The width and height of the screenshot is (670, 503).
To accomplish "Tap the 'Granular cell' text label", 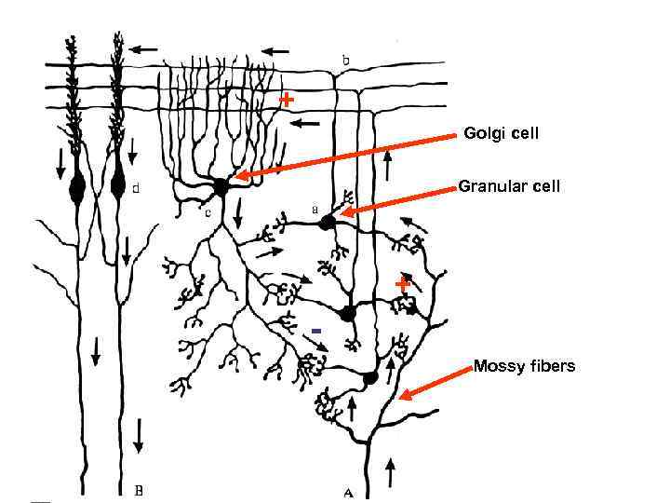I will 509,186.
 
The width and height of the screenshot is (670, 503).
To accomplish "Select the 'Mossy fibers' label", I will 524,365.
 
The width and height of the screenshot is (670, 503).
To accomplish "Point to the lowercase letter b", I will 345,61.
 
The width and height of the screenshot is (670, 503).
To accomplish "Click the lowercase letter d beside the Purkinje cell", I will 137,188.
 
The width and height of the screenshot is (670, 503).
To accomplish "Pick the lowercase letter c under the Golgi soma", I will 208,212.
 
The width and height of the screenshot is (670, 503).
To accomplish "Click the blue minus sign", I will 316,331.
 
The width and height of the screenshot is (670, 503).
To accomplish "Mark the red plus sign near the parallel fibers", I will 288,98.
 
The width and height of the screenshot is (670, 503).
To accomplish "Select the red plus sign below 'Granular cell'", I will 402,281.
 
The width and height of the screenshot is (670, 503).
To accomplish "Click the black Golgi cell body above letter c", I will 221,186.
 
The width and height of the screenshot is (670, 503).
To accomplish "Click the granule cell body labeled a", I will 328,222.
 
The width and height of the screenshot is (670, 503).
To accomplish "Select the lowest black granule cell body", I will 369,377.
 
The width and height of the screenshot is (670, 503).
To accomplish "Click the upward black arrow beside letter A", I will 389,472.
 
